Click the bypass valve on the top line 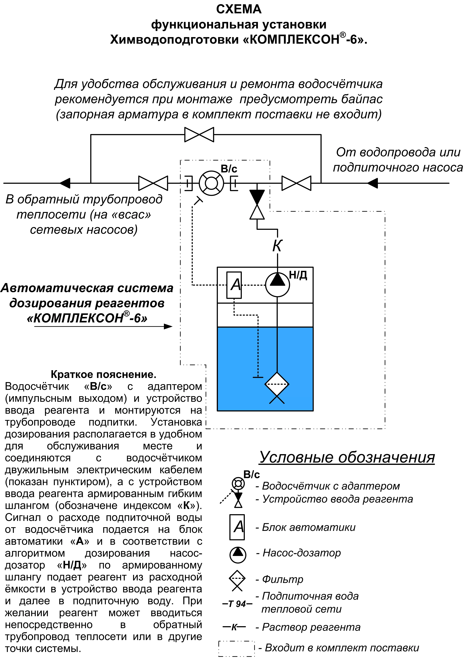(x=199, y=135)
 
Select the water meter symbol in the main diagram (x=211, y=183)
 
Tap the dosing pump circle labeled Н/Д (x=277, y=284)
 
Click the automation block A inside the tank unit (x=234, y=285)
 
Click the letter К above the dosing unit (x=277, y=246)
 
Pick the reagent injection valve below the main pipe (x=257, y=204)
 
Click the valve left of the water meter (x=153, y=183)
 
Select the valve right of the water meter (x=296, y=183)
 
